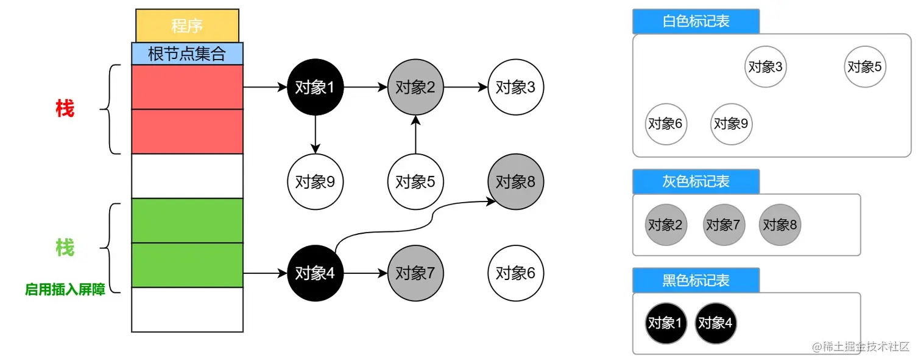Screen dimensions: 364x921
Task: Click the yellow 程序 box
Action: coord(187,26)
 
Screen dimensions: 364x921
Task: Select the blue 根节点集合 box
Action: coord(187,54)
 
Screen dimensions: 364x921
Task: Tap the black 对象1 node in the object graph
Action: coord(315,88)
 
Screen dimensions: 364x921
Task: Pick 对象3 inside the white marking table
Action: coord(766,67)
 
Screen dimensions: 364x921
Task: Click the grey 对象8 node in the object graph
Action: coord(516,181)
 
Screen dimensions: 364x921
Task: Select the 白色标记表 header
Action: coord(696,22)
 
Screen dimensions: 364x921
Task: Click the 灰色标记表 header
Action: coord(696,181)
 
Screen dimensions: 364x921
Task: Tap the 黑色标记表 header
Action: coord(696,281)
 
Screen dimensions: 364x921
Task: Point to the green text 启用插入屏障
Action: coord(65,290)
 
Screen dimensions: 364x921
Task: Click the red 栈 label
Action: coord(65,110)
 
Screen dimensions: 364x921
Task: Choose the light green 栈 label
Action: coord(65,248)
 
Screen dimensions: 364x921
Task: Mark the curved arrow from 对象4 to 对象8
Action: coord(426,219)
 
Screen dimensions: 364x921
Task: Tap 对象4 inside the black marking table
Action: coord(716,323)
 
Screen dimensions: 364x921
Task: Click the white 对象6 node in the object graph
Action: coord(516,273)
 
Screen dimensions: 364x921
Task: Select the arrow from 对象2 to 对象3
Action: coord(465,88)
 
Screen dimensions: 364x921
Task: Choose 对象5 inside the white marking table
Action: coord(865,67)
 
